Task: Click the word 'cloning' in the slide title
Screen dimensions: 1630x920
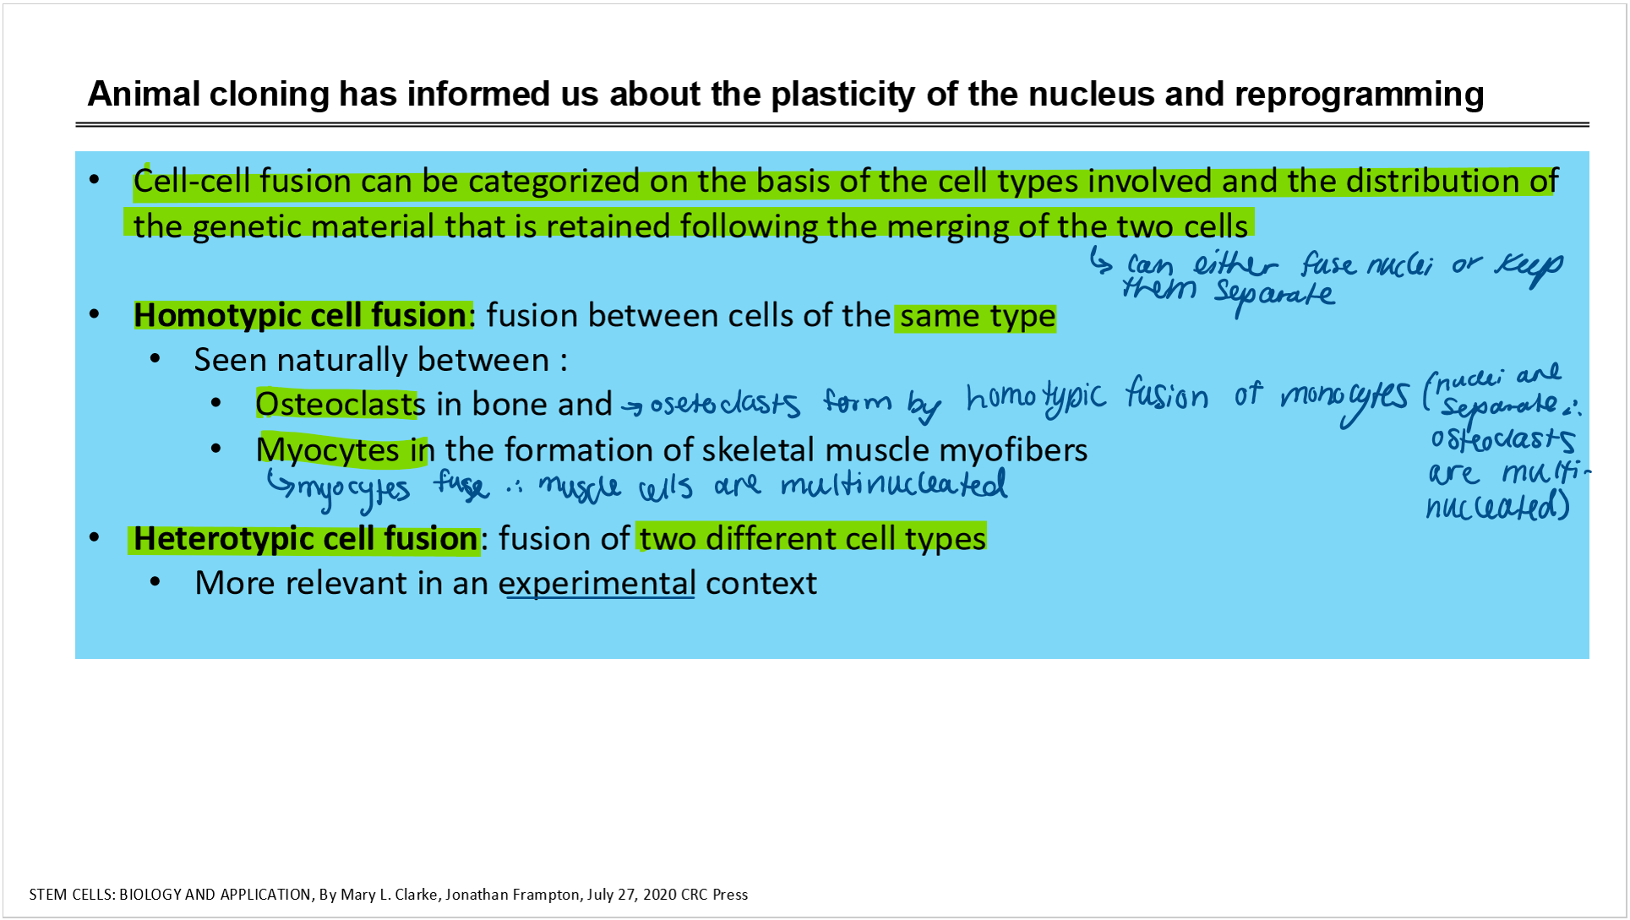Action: (269, 95)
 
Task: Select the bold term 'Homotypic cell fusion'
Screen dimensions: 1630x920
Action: (300, 315)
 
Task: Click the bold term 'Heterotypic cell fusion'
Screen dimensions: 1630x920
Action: (306, 539)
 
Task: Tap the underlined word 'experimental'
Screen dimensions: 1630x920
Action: (597, 584)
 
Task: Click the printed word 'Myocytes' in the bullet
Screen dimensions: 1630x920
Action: (328, 450)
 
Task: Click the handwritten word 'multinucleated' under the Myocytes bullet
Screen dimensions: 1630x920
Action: (894, 484)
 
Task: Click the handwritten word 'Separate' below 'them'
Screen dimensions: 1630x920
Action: (1274, 295)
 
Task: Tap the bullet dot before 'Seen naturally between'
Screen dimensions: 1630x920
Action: (155, 359)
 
